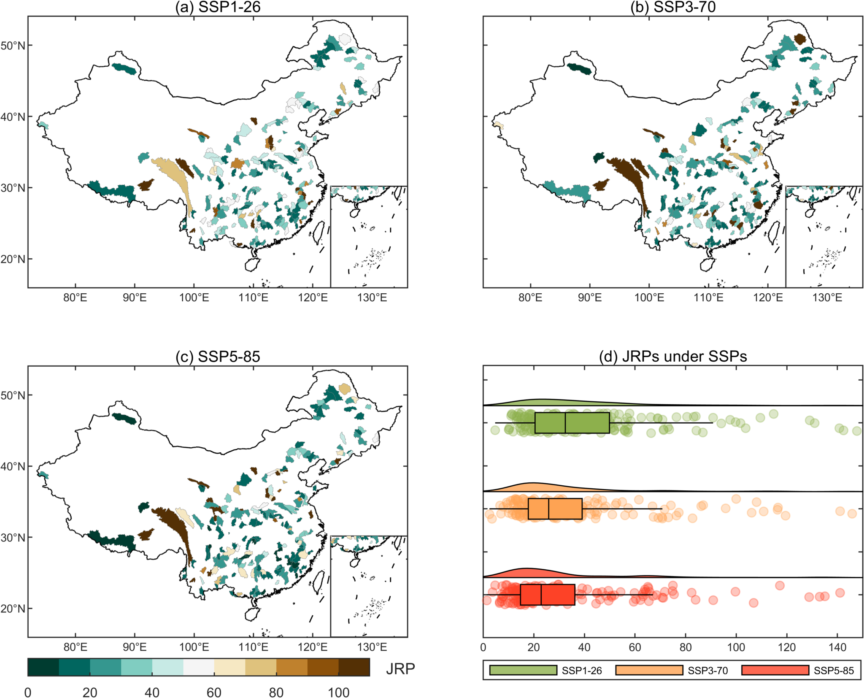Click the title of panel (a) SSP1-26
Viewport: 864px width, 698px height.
click(x=218, y=7)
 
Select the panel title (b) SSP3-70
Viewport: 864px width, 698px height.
click(x=673, y=7)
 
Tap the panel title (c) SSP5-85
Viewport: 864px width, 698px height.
click(x=218, y=357)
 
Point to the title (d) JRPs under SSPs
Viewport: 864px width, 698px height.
click(x=673, y=357)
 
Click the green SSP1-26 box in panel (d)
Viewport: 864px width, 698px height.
click(x=572, y=422)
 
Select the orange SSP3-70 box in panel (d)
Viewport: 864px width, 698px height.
click(x=555, y=509)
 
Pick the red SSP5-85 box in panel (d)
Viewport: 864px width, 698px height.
click(x=547, y=595)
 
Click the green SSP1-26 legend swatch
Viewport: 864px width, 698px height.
click(x=523, y=670)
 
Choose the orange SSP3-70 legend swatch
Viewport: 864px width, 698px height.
click(x=649, y=670)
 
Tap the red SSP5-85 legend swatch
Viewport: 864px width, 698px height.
click(x=775, y=670)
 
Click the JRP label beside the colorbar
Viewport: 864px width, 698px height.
click(x=400, y=669)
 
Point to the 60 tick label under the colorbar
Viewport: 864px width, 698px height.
click(x=214, y=693)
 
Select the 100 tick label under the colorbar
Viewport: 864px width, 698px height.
click(x=338, y=693)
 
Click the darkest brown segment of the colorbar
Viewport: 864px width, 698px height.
click(x=354, y=667)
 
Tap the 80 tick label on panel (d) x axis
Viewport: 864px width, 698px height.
click(x=686, y=647)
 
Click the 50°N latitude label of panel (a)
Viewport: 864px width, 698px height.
click(x=13, y=46)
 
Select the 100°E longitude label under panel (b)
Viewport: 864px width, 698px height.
click(x=649, y=298)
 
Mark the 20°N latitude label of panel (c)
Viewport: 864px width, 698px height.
click(x=13, y=609)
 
